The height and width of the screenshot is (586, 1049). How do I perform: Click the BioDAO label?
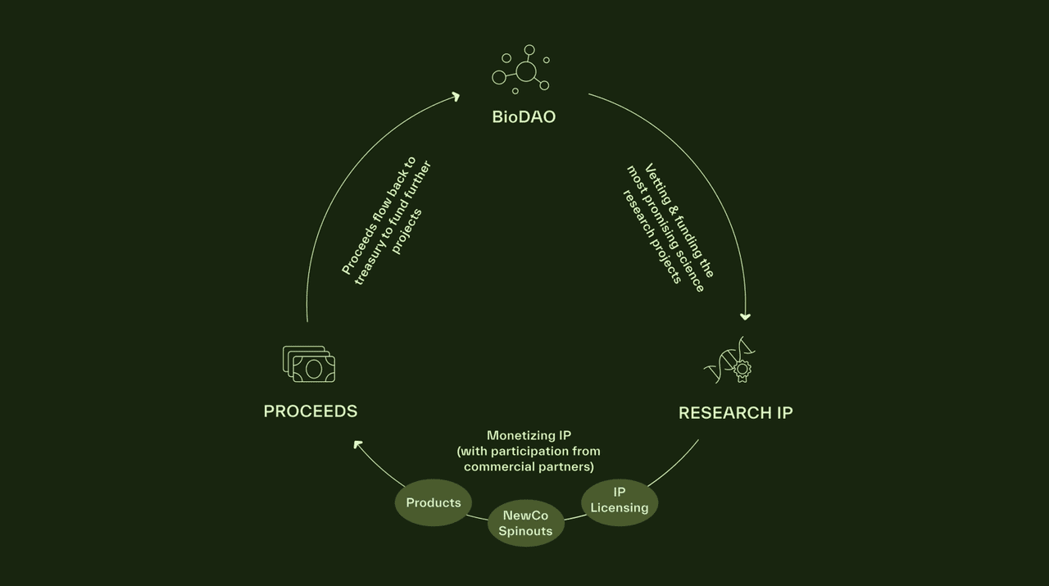pos(524,116)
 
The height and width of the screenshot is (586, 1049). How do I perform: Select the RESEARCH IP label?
pos(735,413)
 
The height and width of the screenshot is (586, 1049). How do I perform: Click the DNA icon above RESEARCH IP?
pos(729,360)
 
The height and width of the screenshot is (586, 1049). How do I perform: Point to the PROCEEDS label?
pos(311,411)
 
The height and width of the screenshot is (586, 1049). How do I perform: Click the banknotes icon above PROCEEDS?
pos(309,364)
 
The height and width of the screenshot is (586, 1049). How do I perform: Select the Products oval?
pos(434,502)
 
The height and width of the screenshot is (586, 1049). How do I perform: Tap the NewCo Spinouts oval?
pos(526,523)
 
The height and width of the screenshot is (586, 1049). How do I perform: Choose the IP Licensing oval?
pos(620,501)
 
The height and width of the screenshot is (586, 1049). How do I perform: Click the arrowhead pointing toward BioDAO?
pos(456,97)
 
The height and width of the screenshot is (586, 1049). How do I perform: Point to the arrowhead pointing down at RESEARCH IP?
pos(745,316)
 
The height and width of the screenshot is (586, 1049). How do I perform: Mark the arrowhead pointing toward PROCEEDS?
pos(358,444)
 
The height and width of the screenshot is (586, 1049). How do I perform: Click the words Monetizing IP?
pos(529,435)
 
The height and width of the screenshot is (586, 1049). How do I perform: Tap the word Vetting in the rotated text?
pos(657,182)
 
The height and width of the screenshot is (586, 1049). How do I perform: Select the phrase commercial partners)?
pos(529,466)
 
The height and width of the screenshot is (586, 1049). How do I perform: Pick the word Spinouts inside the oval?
pos(526,530)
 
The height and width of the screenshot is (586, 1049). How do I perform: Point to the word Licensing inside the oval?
pos(620,508)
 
